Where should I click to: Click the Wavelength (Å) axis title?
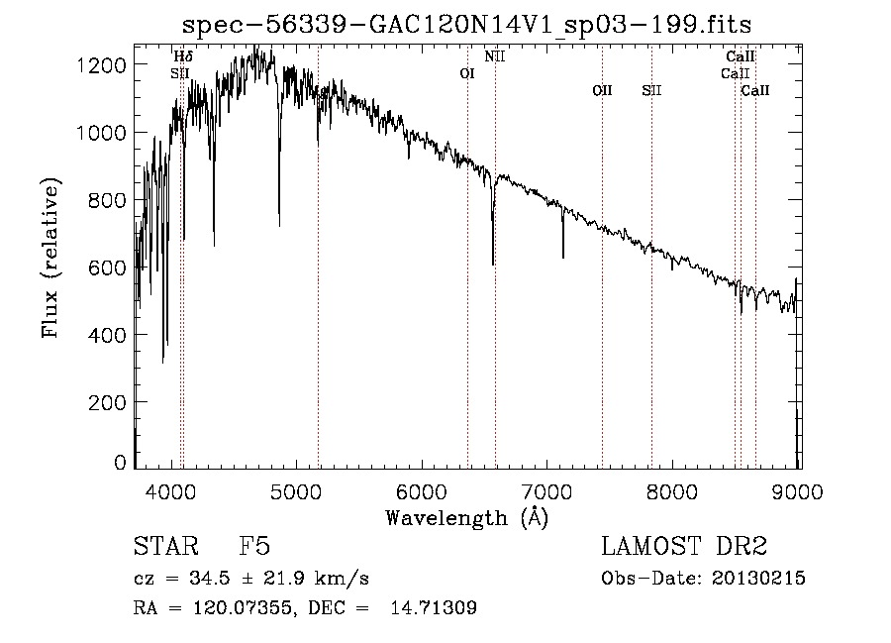tap(466, 518)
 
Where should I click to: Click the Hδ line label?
tap(183, 56)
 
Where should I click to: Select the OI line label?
tap(468, 73)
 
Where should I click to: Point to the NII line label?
tap(495, 56)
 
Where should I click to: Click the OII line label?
tap(602, 90)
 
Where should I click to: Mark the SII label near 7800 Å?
tap(651, 90)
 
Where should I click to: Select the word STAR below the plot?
tap(164, 548)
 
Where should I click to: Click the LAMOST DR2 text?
tap(683, 548)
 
